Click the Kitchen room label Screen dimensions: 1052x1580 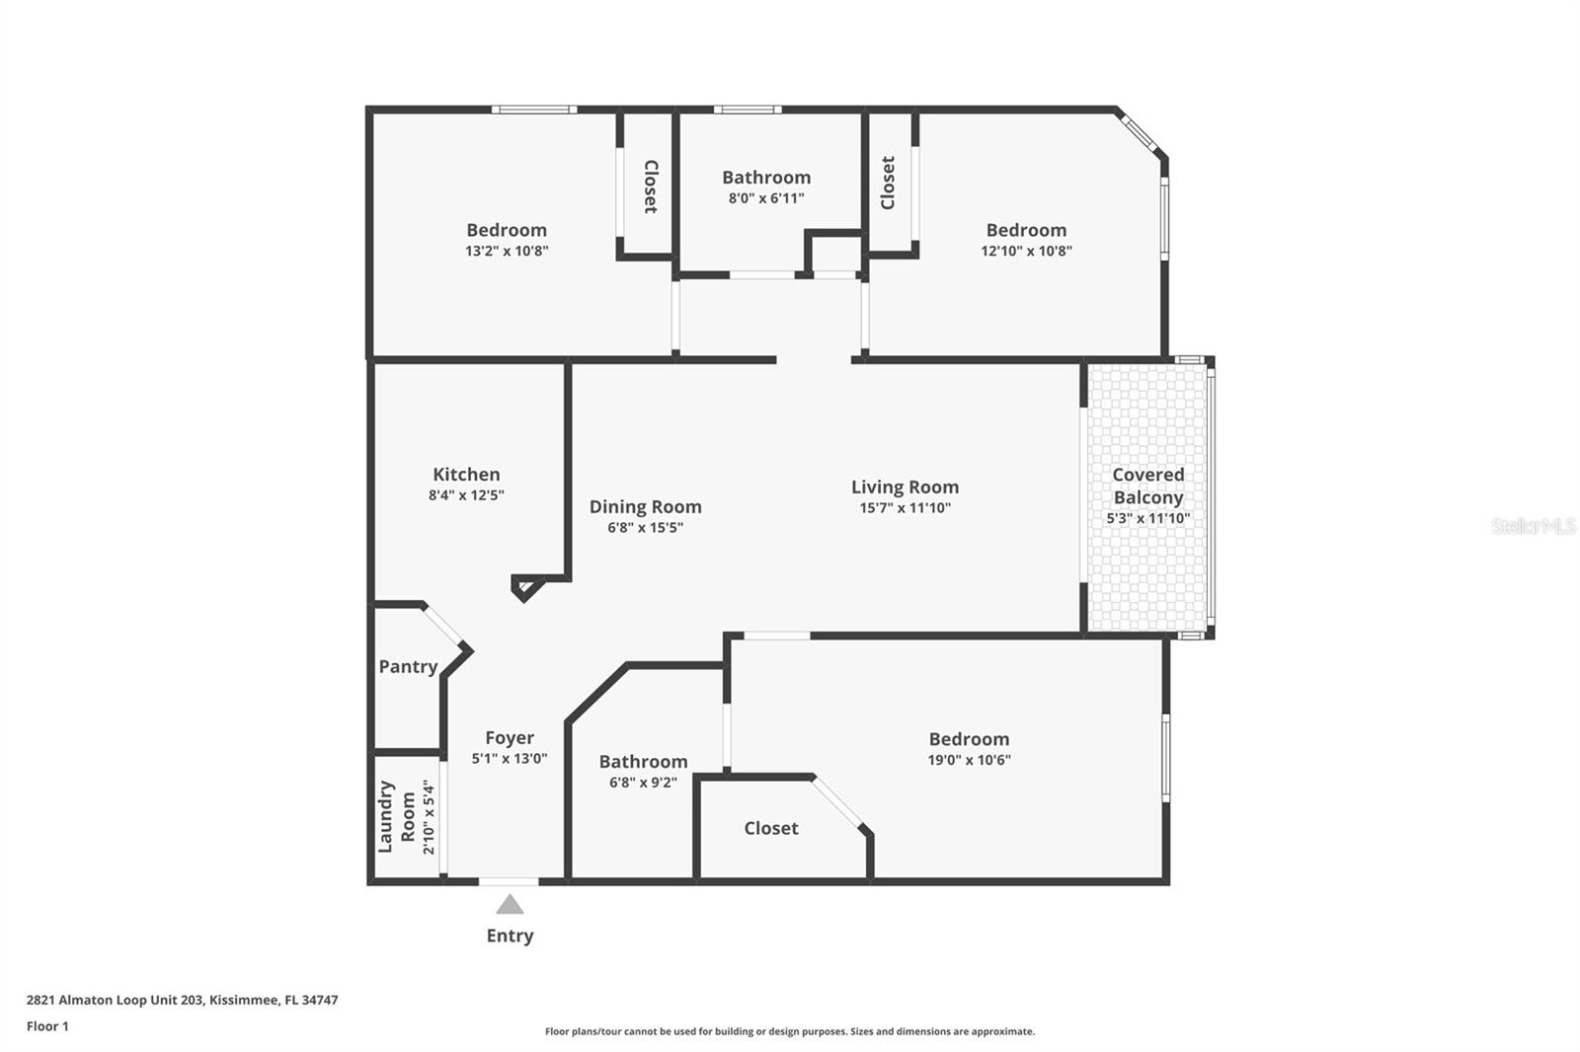(x=466, y=475)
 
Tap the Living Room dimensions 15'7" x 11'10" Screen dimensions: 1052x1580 (x=905, y=508)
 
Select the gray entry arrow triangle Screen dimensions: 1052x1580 (x=510, y=904)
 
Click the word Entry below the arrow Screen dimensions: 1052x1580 (x=510, y=936)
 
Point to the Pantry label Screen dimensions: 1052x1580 (x=408, y=667)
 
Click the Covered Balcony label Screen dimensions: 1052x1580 (x=1147, y=486)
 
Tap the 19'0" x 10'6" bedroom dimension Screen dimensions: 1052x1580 (x=969, y=760)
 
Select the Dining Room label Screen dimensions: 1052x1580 (x=645, y=507)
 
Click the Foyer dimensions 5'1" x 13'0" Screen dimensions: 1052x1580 (x=510, y=759)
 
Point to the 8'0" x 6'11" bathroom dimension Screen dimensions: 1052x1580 (x=766, y=198)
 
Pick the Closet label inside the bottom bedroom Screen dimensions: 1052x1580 (x=771, y=829)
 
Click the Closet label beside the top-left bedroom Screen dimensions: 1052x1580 (x=651, y=187)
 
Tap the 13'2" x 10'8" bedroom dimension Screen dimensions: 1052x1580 (x=507, y=251)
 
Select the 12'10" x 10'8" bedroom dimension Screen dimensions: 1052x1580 (x=1026, y=251)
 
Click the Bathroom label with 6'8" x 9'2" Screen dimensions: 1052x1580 (x=643, y=762)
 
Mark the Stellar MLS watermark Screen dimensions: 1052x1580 (x=1533, y=526)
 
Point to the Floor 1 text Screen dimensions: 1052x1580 (x=47, y=1026)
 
